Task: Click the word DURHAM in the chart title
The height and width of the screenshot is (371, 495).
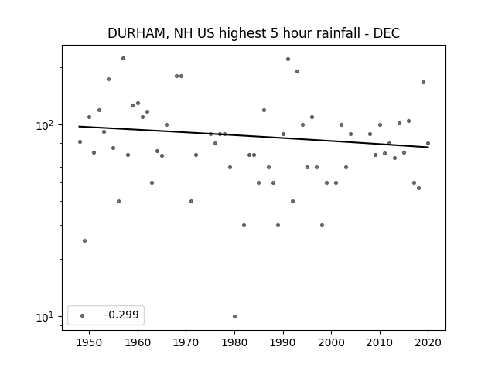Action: click(137, 33)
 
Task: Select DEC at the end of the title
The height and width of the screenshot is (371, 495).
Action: click(387, 33)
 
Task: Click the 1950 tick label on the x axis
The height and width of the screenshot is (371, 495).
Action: click(90, 342)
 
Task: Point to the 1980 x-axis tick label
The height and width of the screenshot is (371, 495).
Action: click(234, 342)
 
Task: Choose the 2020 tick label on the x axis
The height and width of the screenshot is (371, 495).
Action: click(428, 342)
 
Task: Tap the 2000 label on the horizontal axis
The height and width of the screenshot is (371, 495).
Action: click(331, 342)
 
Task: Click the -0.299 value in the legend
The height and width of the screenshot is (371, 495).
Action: click(122, 315)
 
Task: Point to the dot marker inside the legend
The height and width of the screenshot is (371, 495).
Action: click(83, 315)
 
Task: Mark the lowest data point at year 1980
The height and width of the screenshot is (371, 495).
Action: click(234, 316)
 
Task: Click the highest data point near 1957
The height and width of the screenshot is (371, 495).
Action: click(124, 59)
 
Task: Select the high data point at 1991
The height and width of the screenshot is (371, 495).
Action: click(288, 59)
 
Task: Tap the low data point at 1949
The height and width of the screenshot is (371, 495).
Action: click(84, 240)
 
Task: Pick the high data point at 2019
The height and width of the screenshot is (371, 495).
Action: click(423, 83)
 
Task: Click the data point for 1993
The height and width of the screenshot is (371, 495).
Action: click(297, 72)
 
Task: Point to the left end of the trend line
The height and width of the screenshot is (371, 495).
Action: click(79, 127)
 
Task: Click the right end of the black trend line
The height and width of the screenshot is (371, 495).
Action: click(428, 147)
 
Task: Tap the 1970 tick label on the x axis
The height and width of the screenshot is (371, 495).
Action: click(186, 342)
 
